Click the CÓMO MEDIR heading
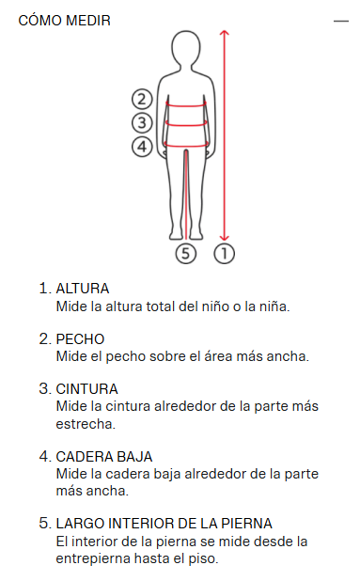coord(65,20)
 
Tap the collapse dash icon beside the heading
coord(341,21)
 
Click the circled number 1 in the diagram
coord(224,254)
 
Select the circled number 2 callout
coord(142,99)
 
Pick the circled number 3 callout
coord(142,122)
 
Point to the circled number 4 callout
coord(142,147)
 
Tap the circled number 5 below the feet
coord(185,254)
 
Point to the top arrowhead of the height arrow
coord(224,32)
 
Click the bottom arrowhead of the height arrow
coord(224,238)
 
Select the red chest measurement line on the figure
coord(186,106)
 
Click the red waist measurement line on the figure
coord(186,124)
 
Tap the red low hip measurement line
coord(186,146)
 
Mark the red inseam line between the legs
coord(186,195)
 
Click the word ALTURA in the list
coord(82,289)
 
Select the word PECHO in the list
coord(80,339)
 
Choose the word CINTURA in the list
coord(86,389)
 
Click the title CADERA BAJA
coord(104,457)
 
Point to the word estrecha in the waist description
coord(86,424)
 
